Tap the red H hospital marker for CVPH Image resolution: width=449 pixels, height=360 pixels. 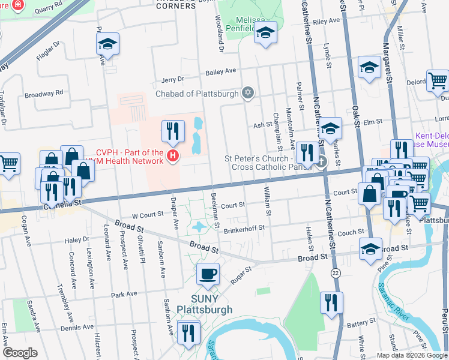(x=173, y=157)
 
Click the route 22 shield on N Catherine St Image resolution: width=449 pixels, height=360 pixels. (x=336, y=272)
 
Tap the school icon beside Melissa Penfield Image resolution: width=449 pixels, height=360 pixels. (x=265, y=33)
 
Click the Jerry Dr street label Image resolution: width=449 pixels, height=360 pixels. (x=172, y=79)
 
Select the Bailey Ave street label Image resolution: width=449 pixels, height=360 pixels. (x=221, y=71)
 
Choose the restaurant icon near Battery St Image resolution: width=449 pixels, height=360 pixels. (x=330, y=303)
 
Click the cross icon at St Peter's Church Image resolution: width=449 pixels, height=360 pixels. (x=322, y=161)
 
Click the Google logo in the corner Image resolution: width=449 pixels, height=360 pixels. (x=19, y=353)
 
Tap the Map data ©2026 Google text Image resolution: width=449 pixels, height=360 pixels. (x=411, y=355)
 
